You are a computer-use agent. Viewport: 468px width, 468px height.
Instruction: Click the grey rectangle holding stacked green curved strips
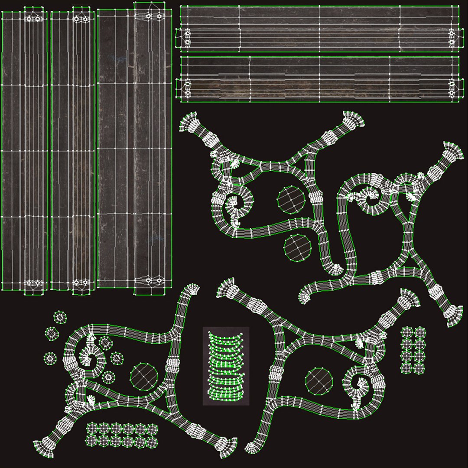[x=226, y=366]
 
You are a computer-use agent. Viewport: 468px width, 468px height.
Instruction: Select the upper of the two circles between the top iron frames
[x=290, y=199]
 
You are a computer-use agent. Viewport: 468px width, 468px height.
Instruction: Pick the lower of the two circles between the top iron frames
[x=298, y=247]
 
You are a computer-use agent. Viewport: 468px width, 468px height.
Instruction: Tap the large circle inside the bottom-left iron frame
[x=144, y=376]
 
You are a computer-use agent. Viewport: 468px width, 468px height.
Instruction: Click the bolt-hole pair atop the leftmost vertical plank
[x=33, y=19]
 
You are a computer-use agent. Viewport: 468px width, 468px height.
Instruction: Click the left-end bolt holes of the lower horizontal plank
[x=188, y=88]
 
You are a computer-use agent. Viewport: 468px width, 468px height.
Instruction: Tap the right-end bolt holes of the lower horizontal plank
[x=452, y=88]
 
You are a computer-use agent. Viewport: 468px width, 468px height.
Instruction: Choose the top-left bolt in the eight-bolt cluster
[x=407, y=333]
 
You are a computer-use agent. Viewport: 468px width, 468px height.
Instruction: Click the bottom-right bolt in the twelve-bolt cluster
[x=152, y=442]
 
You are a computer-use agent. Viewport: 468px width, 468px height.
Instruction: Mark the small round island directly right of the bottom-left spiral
[x=117, y=358]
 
